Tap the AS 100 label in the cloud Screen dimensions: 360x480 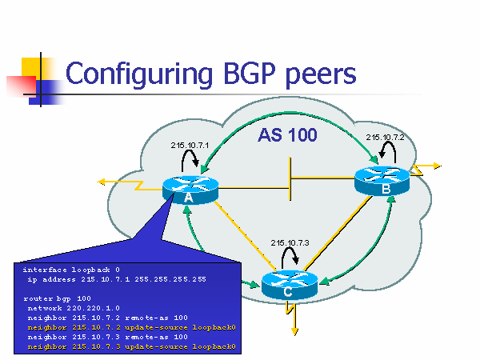pos(287,135)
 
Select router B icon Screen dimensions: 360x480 pos(384,182)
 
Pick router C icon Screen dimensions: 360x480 pos(290,286)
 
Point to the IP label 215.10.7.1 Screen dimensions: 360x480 pos(189,146)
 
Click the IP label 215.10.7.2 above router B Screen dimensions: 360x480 pos(385,138)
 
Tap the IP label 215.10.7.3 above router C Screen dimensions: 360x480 pos(289,242)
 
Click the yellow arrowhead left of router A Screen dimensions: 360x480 pos(103,182)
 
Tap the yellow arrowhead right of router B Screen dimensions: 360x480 pos(437,166)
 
